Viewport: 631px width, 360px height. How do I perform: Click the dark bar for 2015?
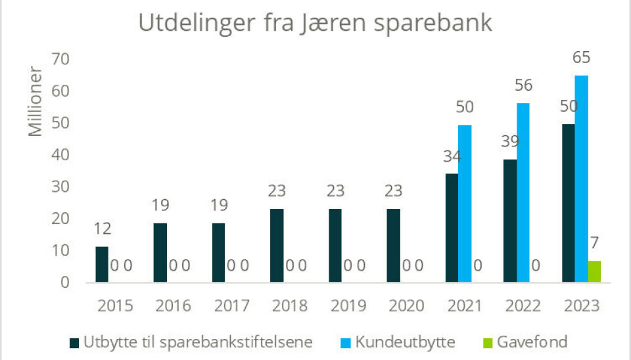pyautogui.click(x=101, y=265)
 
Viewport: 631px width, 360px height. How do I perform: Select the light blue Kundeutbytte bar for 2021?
pyautogui.click(x=465, y=204)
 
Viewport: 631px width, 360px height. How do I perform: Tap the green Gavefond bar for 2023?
pyautogui.click(x=594, y=272)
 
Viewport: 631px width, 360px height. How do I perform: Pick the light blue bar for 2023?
pyautogui.click(x=581, y=179)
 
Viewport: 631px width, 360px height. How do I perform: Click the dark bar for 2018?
pyautogui.click(x=277, y=246)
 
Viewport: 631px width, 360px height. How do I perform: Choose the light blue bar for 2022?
pyautogui.click(x=523, y=192)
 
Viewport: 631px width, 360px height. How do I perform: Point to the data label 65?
pyautogui.click(x=581, y=58)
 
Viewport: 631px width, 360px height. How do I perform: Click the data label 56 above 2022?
pyautogui.click(x=523, y=85)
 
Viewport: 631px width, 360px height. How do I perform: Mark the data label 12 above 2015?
pyautogui.click(x=102, y=229)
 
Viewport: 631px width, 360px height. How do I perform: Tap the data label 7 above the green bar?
pyautogui.click(x=594, y=243)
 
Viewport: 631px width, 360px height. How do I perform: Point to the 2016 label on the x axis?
pyautogui.click(x=174, y=306)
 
